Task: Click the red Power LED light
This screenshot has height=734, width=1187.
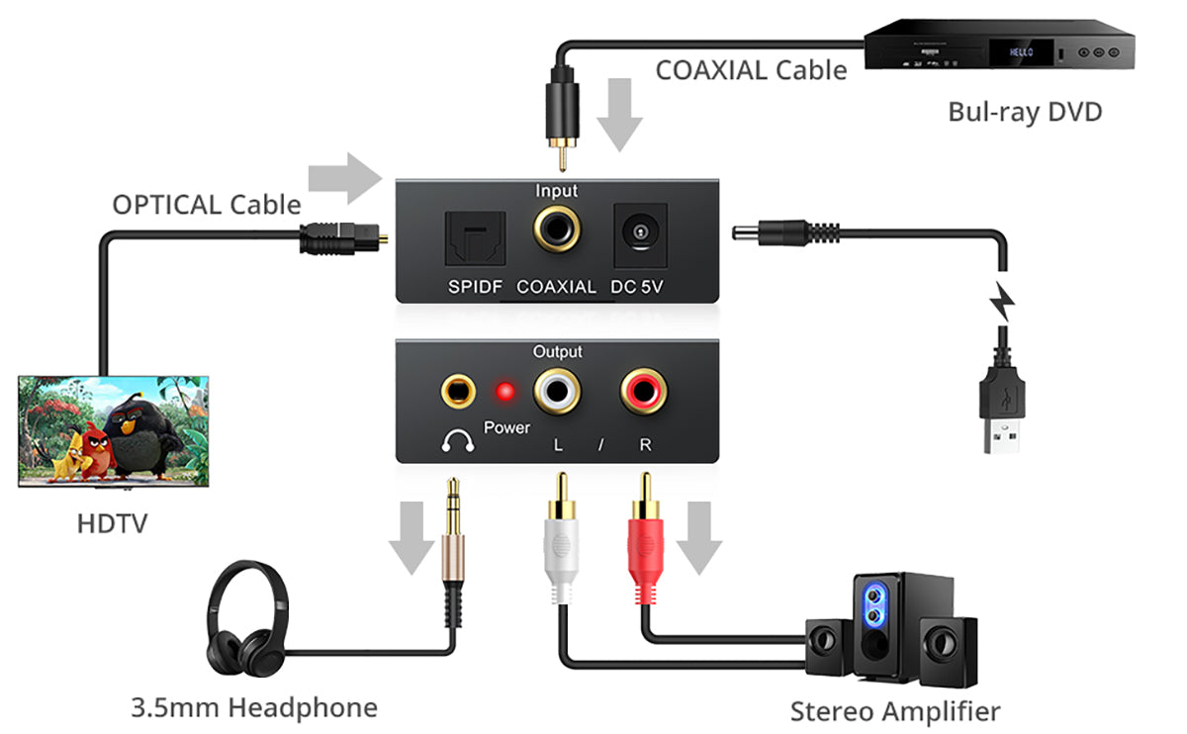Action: (505, 393)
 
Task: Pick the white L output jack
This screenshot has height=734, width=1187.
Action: (557, 393)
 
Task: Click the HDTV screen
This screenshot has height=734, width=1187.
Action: (114, 429)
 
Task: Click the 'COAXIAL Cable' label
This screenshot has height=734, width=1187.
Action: (751, 70)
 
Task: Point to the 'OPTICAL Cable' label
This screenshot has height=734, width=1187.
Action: (206, 205)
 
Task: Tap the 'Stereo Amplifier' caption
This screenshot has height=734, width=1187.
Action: (894, 710)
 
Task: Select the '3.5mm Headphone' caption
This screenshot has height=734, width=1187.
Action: (254, 707)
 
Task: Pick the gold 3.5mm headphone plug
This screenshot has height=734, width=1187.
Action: (454, 534)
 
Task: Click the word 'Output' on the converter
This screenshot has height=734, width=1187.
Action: (558, 352)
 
